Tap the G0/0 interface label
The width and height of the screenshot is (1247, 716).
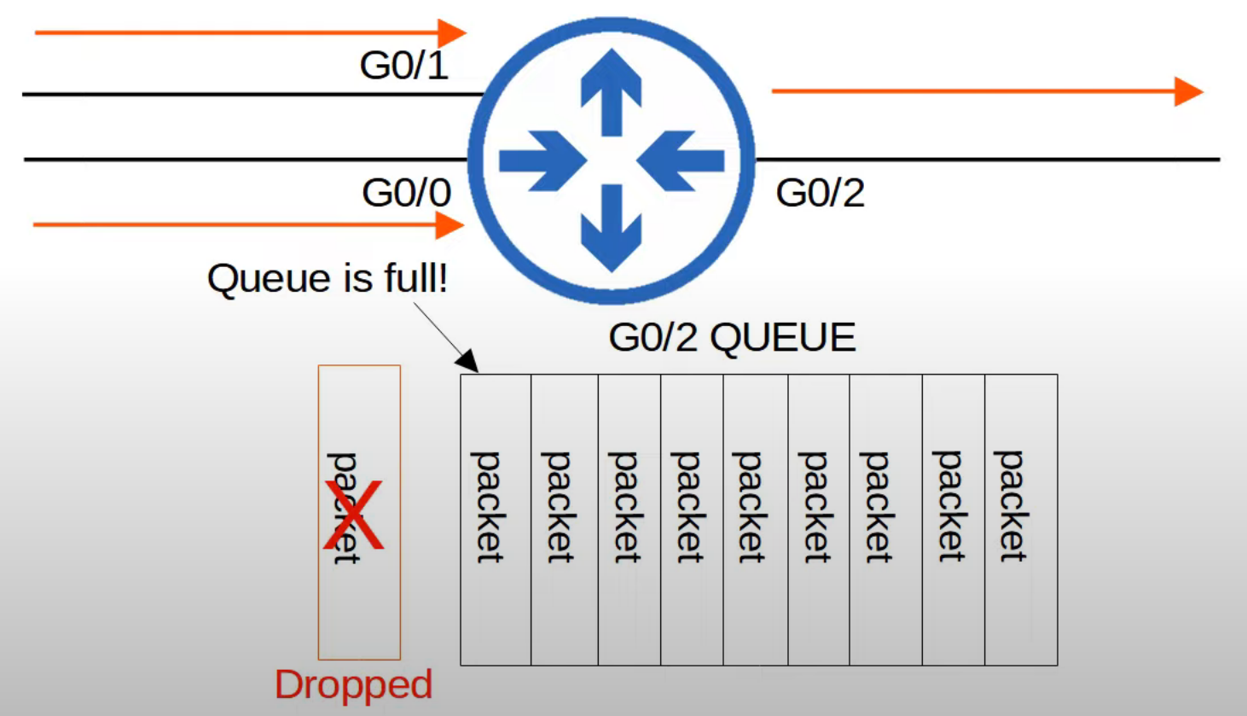pos(406,193)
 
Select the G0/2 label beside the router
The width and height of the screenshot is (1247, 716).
pos(820,193)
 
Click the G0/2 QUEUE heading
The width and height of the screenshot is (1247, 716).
pos(732,338)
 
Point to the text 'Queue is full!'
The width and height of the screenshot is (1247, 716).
pos(328,279)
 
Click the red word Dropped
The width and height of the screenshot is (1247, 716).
pos(353,684)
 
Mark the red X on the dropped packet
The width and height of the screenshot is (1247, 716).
pos(353,515)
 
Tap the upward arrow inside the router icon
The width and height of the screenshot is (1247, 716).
pos(611,90)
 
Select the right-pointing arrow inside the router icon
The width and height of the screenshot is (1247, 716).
pos(541,160)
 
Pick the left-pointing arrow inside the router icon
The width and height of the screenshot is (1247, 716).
pos(681,160)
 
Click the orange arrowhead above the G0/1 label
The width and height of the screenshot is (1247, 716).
pos(452,33)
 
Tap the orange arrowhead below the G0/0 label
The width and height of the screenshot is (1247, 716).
pos(449,225)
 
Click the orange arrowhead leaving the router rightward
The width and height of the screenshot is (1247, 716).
pos(1188,91)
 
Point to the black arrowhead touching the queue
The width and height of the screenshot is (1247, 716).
pos(467,361)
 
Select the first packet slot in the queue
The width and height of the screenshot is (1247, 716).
pos(496,520)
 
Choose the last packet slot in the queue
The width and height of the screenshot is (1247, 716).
pos(1021,520)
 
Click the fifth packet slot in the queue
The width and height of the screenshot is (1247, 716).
pos(755,520)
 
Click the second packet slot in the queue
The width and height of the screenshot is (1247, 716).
pos(565,520)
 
